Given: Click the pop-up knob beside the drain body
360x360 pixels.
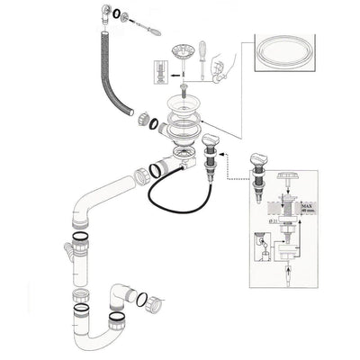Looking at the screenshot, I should [211, 143].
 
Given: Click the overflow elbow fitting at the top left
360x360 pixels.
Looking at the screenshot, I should [103, 10].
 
